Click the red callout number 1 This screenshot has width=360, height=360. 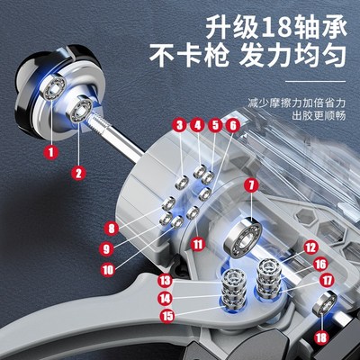click(x=50, y=152)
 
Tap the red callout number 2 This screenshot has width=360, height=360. click(x=78, y=173)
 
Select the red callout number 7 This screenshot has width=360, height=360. click(x=179, y=125)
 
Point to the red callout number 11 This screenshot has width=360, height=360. click(x=197, y=125)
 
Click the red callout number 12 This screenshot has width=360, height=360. click(x=215, y=125)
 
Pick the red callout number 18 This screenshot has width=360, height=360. click(x=232, y=125)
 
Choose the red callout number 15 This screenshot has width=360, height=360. click(x=251, y=186)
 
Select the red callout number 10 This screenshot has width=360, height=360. click(x=198, y=243)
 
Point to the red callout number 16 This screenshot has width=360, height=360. click(x=310, y=246)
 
